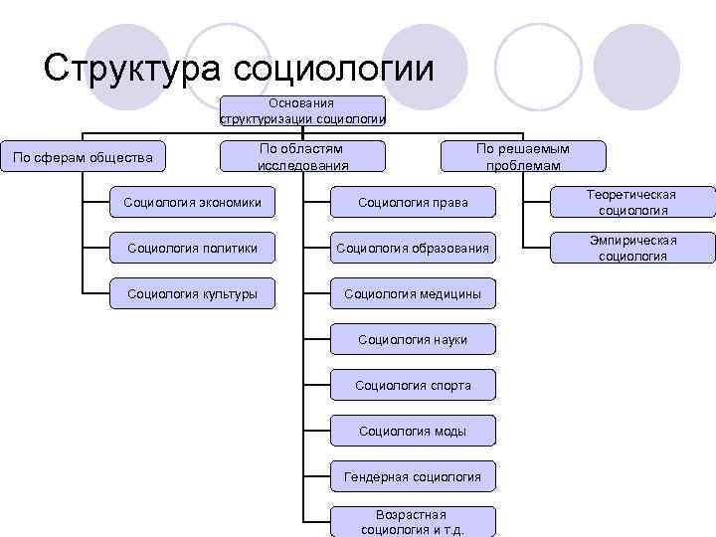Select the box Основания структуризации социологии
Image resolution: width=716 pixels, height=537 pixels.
301,110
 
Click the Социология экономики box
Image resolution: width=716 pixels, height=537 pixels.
192,203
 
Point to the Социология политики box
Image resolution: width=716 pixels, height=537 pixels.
192,248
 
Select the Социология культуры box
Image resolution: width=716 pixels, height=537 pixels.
192,293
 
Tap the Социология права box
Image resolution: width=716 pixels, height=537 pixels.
413,203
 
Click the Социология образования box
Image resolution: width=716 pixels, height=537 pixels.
413,248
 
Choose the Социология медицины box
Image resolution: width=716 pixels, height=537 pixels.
413,293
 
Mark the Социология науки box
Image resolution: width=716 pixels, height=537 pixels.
413,340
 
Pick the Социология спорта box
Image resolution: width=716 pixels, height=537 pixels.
413,385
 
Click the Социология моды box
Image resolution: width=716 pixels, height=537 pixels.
413,431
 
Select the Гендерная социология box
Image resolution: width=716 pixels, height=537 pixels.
413,477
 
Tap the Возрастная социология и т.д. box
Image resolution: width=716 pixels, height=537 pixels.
413,522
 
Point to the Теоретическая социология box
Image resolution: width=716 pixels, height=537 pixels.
632,202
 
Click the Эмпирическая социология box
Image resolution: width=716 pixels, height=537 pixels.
632,248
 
